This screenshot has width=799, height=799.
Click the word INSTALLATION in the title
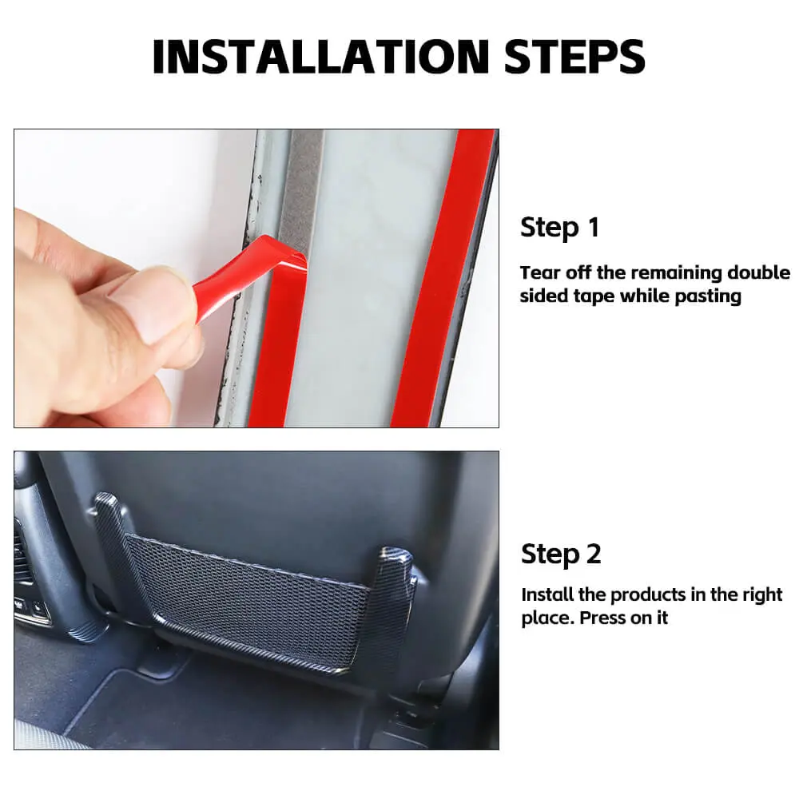click(x=321, y=57)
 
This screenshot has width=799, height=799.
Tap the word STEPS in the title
click(x=575, y=57)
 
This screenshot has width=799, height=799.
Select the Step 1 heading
click(x=559, y=228)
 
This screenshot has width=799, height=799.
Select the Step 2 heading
click(x=561, y=555)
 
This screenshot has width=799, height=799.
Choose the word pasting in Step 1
click(x=708, y=296)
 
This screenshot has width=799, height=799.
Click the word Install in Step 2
click(x=547, y=594)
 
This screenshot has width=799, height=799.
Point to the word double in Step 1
click(x=759, y=272)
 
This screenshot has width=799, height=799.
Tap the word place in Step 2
click(x=548, y=618)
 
